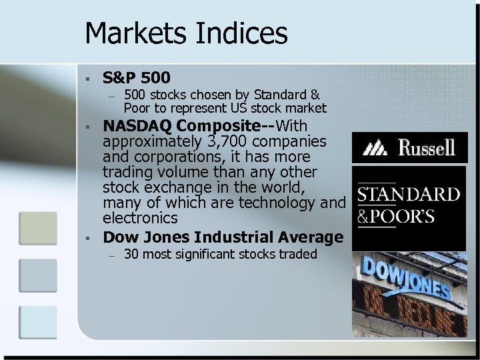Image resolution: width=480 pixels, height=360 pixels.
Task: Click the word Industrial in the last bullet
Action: click(x=241, y=237)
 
